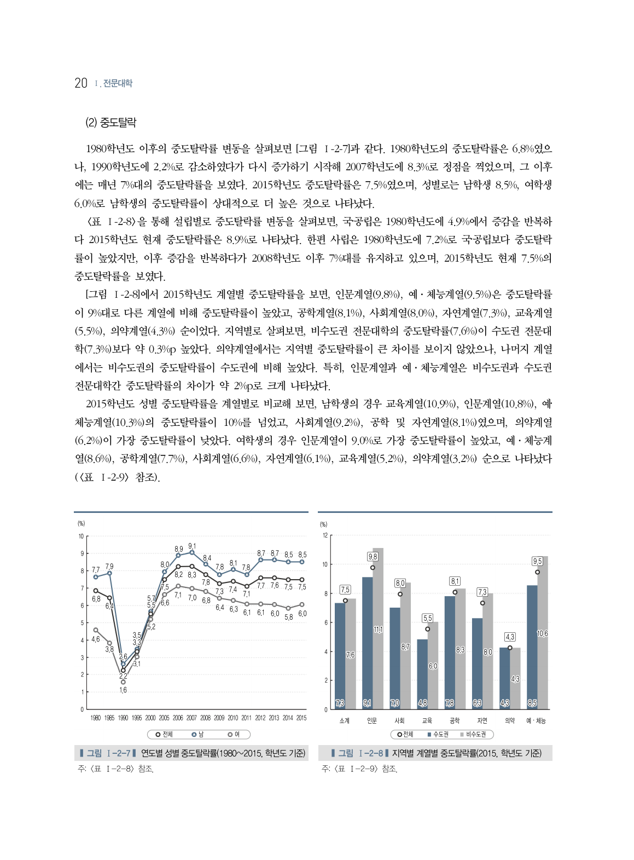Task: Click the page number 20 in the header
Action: (x=80, y=83)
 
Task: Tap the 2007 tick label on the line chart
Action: (x=191, y=718)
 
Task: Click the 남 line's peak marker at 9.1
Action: (x=191, y=552)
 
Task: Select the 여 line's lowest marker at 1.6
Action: (x=123, y=682)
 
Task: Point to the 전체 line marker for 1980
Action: (x=96, y=591)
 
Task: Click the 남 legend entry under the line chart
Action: (x=197, y=734)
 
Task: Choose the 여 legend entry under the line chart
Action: (x=234, y=734)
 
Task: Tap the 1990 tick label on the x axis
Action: (x=123, y=718)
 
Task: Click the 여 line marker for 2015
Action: (x=302, y=604)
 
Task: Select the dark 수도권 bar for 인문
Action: (x=367, y=643)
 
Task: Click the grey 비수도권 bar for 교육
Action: (x=433, y=665)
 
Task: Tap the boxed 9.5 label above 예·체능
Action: (x=537, y=561)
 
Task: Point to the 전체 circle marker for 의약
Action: (x=510, y=648)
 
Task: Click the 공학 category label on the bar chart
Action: (x=454, y=720)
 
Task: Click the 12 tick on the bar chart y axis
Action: (x=324, y=535)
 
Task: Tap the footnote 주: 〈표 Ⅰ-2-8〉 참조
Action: (x=116, y=769)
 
